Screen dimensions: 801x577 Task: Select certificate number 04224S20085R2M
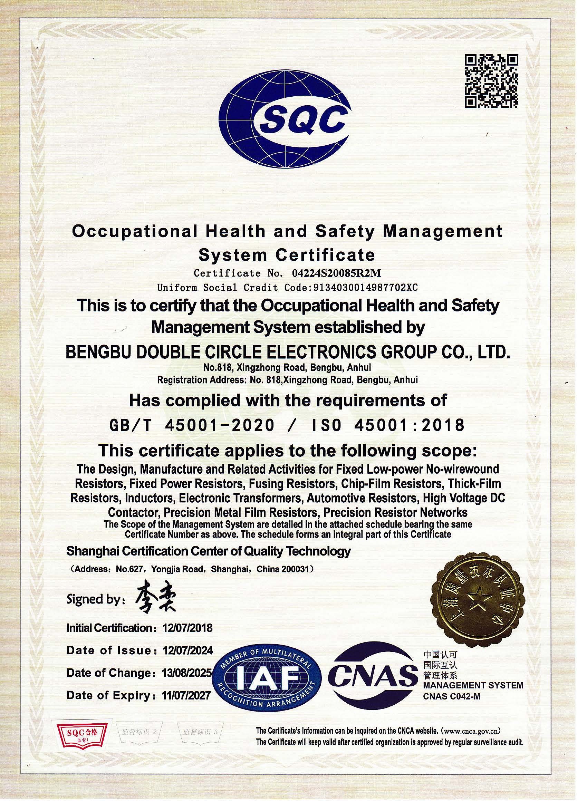(x=337, y=273)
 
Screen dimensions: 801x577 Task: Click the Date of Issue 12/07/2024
(x=187, y=650)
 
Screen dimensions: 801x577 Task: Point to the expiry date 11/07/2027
(x=186, y=695)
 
